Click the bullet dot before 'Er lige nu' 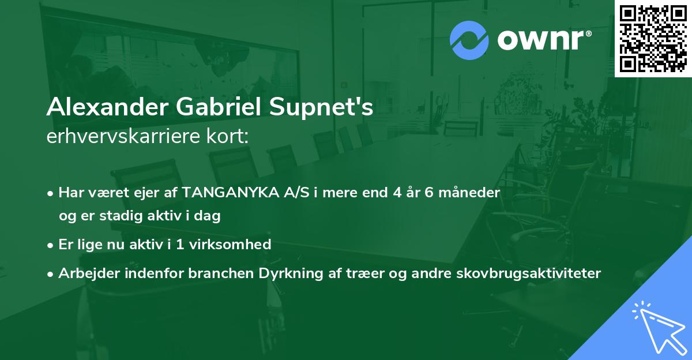[x=51, y=245]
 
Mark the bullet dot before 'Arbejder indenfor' [x=51, y=274]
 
